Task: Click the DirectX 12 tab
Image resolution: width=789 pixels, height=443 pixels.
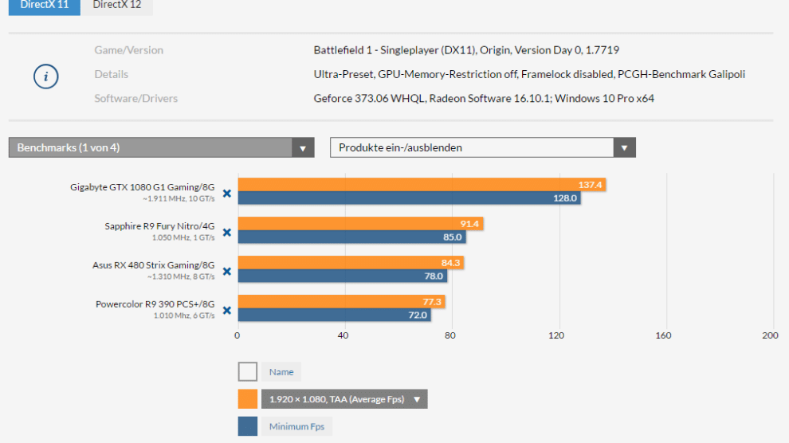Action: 116,5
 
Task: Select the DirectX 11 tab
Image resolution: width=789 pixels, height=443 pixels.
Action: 44,5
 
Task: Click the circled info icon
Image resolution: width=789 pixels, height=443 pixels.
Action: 45,76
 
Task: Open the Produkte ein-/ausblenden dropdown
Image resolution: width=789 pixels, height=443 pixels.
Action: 482,147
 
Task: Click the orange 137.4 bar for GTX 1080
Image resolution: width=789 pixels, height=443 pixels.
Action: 422,185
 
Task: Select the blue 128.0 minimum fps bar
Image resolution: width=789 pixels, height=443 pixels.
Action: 409,198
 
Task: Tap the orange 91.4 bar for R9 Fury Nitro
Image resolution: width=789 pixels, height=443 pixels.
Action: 360,224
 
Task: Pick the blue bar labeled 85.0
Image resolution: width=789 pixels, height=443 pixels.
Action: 351,237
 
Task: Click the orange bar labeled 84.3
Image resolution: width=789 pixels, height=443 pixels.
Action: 351,263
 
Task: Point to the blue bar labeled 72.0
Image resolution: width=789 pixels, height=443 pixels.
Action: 334,315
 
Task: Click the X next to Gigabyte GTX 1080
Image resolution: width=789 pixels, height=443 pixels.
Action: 226,193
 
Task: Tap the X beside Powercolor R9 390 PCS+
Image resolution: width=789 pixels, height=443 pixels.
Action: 226,310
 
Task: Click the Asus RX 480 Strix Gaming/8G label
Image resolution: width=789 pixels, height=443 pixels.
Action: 153,265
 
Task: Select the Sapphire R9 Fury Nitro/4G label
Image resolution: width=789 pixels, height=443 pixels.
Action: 159,226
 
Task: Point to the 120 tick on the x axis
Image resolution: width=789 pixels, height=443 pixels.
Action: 556,335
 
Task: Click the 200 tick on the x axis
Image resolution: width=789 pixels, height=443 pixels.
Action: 769,335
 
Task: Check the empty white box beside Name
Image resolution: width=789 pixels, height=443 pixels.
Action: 248,372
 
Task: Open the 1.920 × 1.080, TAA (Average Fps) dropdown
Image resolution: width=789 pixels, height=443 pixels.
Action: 344,399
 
